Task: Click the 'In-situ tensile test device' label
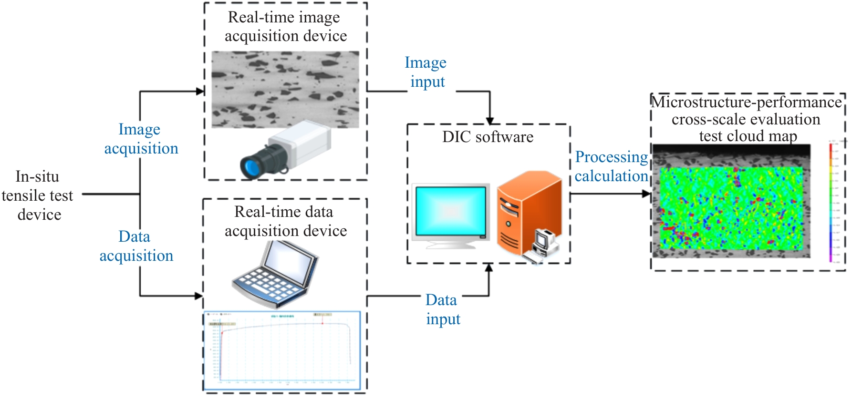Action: tap(38, 195)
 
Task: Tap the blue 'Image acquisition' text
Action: tap(141, 139)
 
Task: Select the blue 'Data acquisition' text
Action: tap(136, 246)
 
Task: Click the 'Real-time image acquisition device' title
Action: tap(285, 27)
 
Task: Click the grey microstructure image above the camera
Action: tap(285, 89)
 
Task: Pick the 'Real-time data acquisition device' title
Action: tap(285, 221)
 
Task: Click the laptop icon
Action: tap(275, 274)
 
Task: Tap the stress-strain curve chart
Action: tap(282, 350)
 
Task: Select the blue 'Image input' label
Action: tap(426, 72)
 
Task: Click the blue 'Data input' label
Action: tap(442, 309)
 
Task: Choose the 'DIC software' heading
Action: tap(488, 137)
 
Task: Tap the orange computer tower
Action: tap(527, 212)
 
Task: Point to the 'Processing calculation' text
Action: tap(611, 166)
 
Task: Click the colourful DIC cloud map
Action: tap(731, 208)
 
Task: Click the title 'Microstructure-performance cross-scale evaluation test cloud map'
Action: tap(747, 119)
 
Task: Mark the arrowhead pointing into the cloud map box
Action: tap(646, 194)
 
